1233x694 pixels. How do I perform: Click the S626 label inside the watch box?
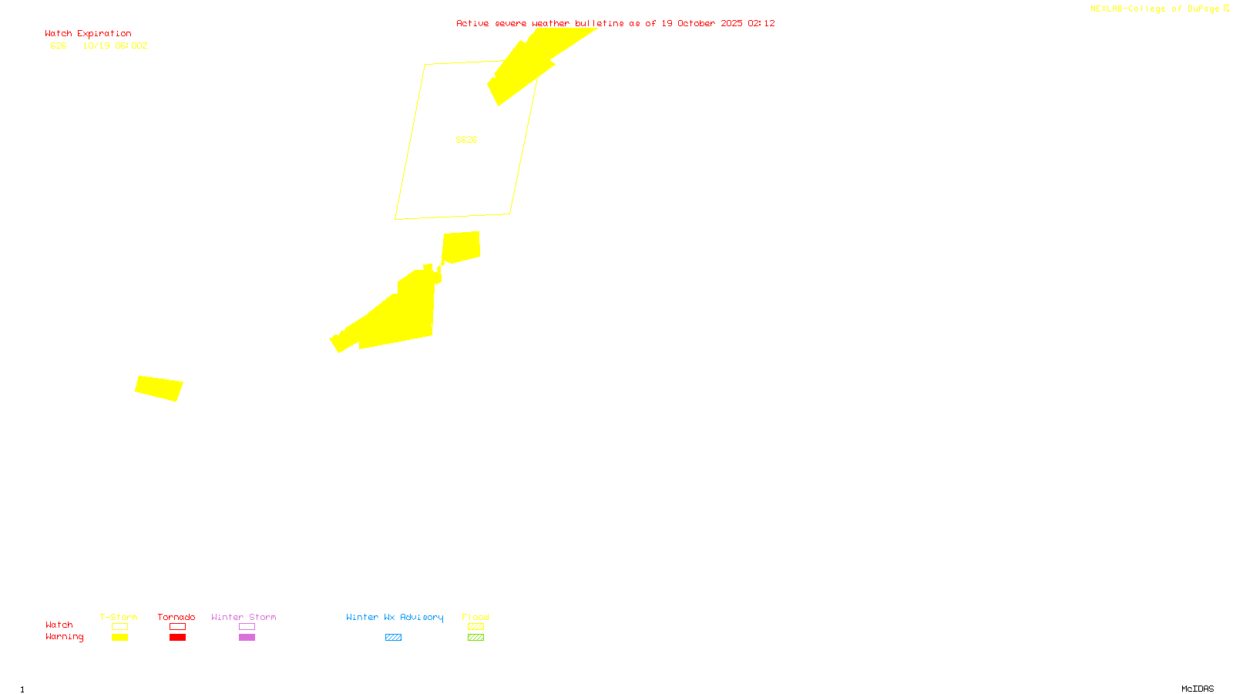pos(466,140)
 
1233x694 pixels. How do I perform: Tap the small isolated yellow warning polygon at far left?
pos(159,388)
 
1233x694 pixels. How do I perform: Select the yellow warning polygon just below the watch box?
pos(461,247)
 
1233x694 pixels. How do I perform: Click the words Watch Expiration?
pos(88,34)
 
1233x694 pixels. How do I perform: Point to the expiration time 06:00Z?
pos(131,46)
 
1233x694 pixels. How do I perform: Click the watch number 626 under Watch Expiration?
pos(59,46)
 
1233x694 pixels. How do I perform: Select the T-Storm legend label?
pos(119,617)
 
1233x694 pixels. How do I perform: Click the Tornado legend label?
pos(176,617)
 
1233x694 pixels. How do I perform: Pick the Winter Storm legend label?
pos(244,617)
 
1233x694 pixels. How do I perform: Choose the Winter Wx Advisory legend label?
pos(395,617)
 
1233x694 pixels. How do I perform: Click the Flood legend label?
pos(475,617)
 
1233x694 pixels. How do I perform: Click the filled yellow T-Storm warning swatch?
pos(119,638)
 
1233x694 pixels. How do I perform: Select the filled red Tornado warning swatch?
pos(177,638)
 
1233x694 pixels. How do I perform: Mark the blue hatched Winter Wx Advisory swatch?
pos(393,638)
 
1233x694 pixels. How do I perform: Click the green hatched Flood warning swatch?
pos(475,638)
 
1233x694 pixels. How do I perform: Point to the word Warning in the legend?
pos(65,637)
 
